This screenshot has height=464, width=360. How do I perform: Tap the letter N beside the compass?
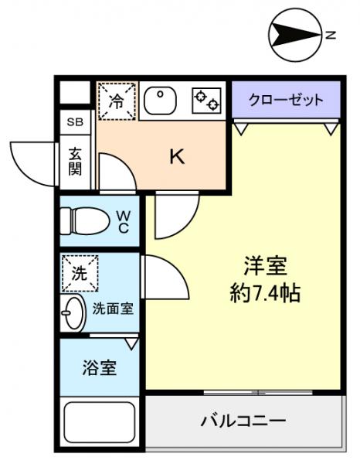330,34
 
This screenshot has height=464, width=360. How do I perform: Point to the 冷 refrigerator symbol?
115,101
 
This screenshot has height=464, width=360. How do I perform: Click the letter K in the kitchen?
177,157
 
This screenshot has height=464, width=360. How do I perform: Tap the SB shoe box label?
75,121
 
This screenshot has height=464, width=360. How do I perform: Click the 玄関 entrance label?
75,161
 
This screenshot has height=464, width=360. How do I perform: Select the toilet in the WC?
87,221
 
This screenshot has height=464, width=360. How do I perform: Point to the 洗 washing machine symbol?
80,271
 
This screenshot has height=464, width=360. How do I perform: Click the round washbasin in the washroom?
74,312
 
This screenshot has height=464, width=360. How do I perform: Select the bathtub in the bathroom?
100,423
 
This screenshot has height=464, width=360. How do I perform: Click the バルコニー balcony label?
243,421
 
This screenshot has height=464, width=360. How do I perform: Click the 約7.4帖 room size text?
265,294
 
